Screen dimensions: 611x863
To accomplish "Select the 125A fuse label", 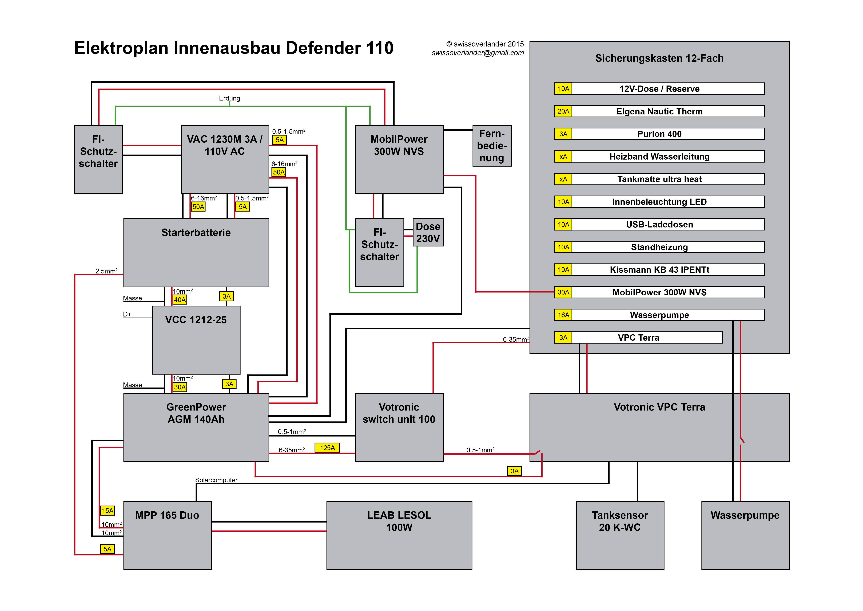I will tap(327, 448).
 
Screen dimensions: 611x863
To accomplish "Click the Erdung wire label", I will tap(229, 98).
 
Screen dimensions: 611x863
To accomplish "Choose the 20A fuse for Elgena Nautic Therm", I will tap(563, 111).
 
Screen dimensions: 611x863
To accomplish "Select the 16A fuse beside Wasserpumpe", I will tap(563, 315).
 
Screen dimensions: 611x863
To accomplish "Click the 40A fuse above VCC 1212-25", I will tap(180, 300).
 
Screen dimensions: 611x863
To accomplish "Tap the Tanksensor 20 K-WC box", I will tap(620, 535).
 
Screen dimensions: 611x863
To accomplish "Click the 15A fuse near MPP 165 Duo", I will tap(107, 511).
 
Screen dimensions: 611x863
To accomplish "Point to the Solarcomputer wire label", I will tap(216, 480).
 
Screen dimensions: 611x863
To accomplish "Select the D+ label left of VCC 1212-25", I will tap(127, 314).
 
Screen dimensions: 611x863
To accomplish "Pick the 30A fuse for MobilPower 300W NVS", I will tap(563, 292).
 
